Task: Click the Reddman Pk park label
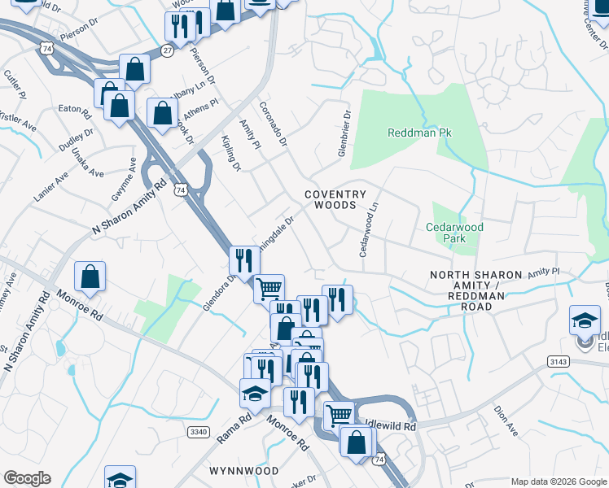coord(414,133)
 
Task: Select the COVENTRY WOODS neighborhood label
coord(331,200)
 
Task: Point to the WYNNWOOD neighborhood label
coord(243,471)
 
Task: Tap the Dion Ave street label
coord(506,421)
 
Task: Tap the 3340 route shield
coord(198,431)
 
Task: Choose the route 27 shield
coord(167,50)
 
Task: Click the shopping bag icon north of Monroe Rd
coord(90,277)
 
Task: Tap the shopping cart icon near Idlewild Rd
coord(339,416)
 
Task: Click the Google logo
coord(27,478)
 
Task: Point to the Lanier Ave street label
coord(50,190)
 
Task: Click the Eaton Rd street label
coord(72,107)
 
